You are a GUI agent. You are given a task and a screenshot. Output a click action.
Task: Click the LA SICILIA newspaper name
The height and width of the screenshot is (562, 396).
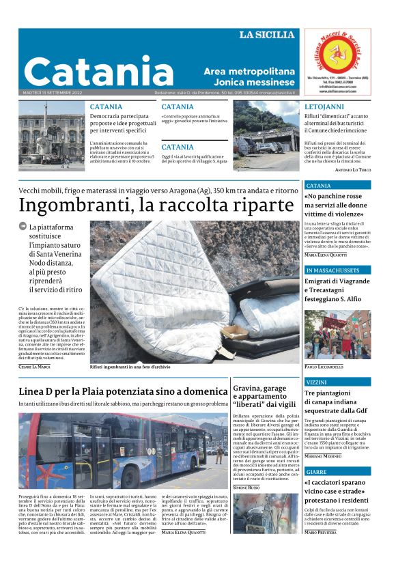[266, 35]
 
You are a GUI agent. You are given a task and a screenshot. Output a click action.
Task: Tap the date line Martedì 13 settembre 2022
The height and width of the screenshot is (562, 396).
[53, 92]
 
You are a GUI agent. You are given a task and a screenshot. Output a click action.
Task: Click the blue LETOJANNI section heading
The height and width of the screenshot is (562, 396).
[324, 107]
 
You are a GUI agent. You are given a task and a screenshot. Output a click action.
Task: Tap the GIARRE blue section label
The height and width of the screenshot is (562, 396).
[316, 472]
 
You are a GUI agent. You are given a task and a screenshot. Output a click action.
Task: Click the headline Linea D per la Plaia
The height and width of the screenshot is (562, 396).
[123, 391]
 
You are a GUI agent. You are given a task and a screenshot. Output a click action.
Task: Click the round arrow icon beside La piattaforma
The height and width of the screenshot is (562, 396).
[23, 226]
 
